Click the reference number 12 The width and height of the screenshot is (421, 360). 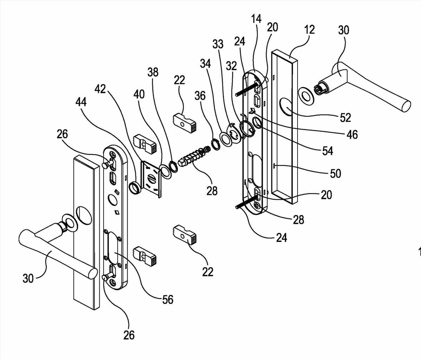(x=309, y=30)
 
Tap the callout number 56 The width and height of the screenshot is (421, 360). (x=168, y=299)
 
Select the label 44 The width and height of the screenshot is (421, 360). (x=81, y=102)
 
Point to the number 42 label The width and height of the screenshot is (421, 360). (x=100, y=89)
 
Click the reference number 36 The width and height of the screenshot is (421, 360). (x=201, y=95)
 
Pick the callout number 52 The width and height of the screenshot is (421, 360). (x=345, y=118)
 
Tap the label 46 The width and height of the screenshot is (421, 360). (x=352, y=134)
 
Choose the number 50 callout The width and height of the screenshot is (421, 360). (x=335, y=173)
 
